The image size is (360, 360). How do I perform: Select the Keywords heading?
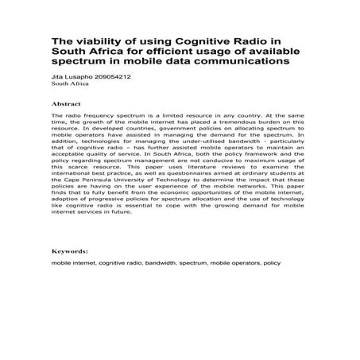click(x=70, y=250)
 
